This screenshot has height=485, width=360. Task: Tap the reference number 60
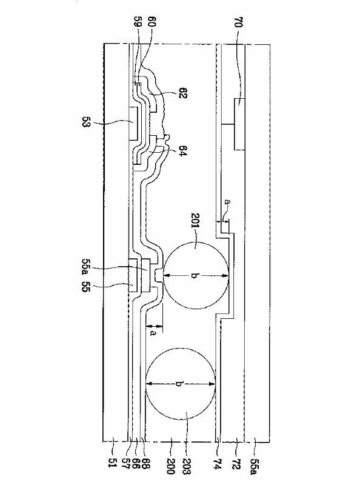coord(152,22)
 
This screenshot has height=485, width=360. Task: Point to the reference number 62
coord(183,93)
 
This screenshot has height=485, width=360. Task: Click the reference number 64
coord(182,151)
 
